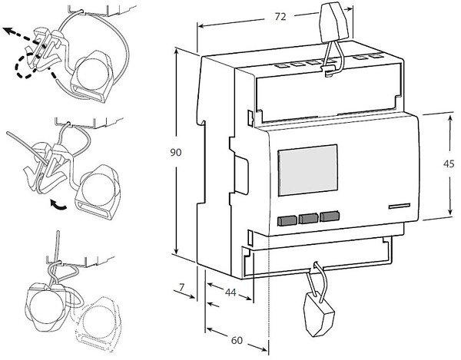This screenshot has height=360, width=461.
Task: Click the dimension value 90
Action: [175, 153]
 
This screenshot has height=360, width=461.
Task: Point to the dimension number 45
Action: [449, 163]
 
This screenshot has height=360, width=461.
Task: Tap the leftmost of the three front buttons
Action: [286, 220]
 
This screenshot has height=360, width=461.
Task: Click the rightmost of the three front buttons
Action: [329, 217]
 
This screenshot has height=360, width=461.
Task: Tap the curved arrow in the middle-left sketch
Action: [57, 203]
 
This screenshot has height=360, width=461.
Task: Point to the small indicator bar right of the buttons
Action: [399, 206]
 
